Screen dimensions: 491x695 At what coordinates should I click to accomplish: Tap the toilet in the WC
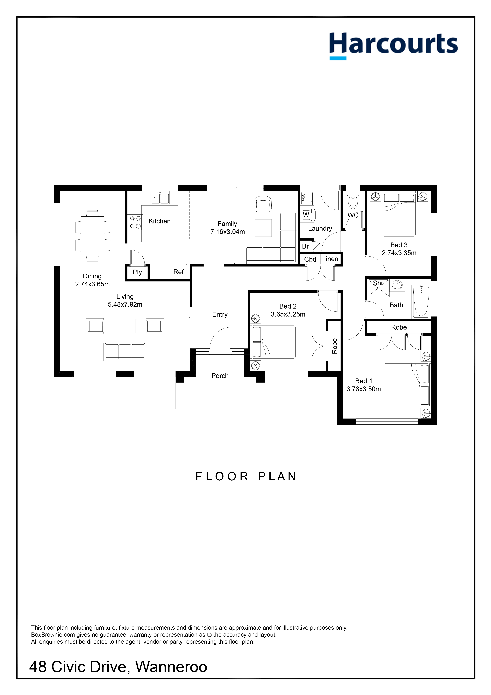(353, 200)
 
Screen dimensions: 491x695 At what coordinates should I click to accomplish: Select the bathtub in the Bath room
(421, 302)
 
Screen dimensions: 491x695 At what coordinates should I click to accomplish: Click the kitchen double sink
(160, 198)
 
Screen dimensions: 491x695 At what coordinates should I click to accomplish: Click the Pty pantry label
(137, 272)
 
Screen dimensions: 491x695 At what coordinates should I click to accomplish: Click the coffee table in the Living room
(125, 326)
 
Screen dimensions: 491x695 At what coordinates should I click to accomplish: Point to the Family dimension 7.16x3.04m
(228, 232)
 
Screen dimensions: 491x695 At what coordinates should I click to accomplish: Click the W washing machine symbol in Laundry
(306, 215)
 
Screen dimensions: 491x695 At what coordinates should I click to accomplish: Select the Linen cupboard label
(330, 259)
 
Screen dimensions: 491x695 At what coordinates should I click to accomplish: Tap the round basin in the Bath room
(397, 285)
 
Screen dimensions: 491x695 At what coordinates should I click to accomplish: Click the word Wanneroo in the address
(171, 667)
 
